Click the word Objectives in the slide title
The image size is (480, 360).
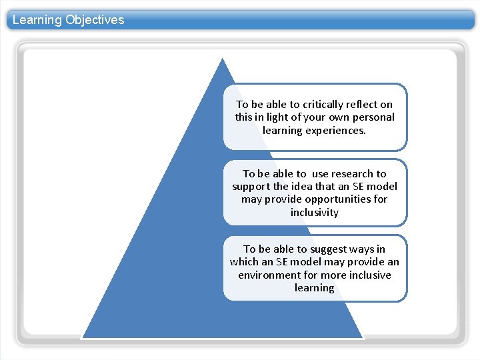(95, 19)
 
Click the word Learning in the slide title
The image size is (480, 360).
(37, 19)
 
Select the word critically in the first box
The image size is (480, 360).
(325, 104)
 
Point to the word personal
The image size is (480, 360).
(374, 117)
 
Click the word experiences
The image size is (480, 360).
(334, 130)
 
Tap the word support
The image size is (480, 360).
(251, 186)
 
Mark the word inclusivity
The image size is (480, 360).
(315, 213)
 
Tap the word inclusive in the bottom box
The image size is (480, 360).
(367, 275)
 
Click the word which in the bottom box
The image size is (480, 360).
(244, 262)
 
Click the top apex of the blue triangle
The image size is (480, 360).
(223, 59)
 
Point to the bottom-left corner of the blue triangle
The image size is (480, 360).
(82, 337)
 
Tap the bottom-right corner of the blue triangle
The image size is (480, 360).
(363, 337)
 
